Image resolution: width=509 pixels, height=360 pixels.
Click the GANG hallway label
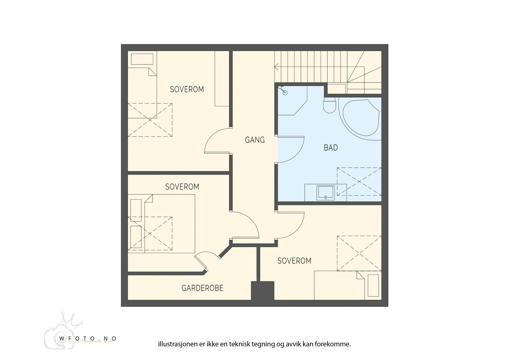[x=254, y=140]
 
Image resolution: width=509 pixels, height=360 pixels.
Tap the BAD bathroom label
[x=331, y=148]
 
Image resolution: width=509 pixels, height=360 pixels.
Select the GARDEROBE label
[x=202, y=288]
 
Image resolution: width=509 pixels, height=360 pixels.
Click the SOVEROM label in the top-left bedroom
[x=187, y=89]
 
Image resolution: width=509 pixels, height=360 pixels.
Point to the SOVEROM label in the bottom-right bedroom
[x=294, y=261]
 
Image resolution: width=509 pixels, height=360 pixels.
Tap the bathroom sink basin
[x=325, y=193]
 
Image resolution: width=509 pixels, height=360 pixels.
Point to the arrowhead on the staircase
[x=276, y=67]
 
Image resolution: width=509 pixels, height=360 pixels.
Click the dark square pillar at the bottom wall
[x=262, y=290]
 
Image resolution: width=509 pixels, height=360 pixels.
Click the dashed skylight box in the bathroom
[x=359, y=181]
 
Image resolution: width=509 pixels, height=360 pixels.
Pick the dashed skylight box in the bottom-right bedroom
[x=359, y=253]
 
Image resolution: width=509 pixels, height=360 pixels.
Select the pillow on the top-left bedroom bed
[x=142, y=59]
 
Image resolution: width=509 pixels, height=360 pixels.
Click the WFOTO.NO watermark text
[x=87, y=339]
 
